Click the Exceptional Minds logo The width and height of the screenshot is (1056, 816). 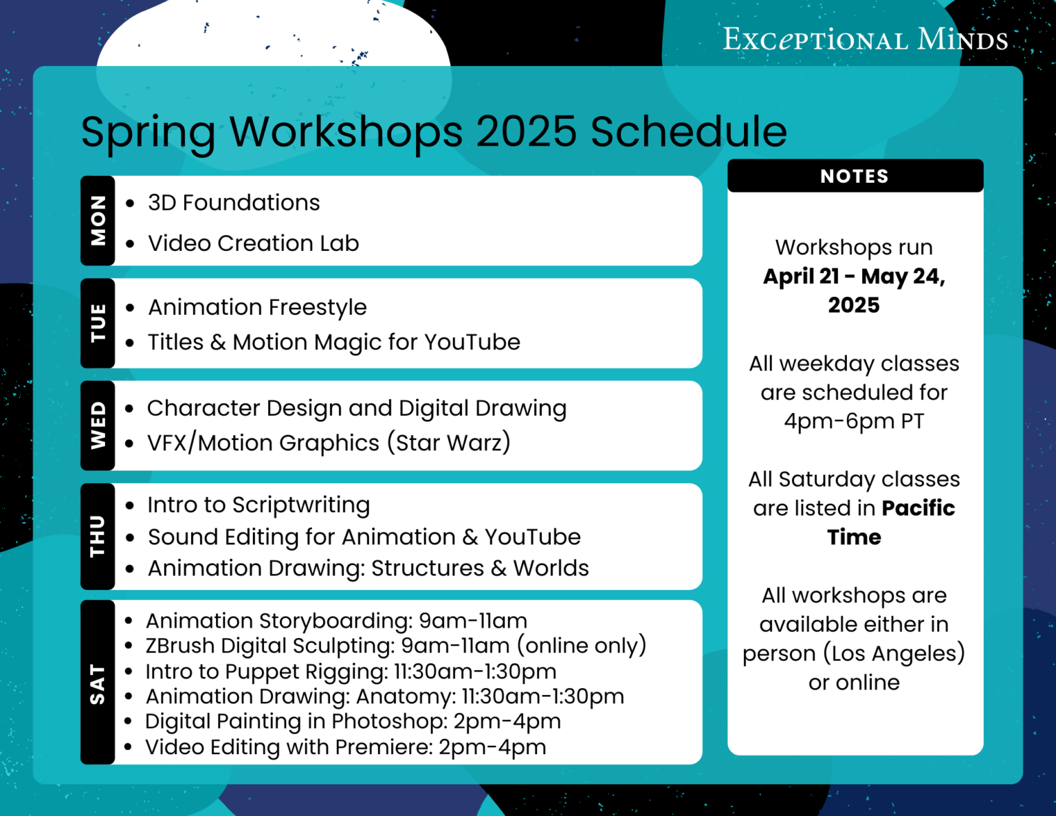coord(865,39)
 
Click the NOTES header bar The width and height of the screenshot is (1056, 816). coord(855,176)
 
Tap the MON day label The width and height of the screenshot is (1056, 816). coord(98,221)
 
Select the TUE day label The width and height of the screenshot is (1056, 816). coord(98,322)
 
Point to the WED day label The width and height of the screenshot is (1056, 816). coord(98,426)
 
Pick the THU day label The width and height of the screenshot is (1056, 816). coord(98,536)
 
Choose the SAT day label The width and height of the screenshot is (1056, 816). coord(98,683)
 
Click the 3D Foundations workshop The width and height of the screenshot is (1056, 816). coord(234,203)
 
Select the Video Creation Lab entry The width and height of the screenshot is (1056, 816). coord(253,243)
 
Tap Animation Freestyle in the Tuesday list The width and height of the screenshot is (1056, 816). coord(257,307)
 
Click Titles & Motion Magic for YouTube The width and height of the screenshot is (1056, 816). coord(334,342)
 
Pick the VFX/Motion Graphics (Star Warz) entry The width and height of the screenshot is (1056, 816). coord(329,443)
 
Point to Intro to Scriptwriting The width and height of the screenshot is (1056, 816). coord(258,505)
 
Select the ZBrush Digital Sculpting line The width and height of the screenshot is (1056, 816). coord(395,646)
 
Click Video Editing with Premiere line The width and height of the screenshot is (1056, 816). coord(345,747)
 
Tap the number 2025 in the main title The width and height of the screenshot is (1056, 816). coord(526,131)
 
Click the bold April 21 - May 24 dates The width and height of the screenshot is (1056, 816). coord(854,276)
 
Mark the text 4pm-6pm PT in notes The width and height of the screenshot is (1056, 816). coord(854,421)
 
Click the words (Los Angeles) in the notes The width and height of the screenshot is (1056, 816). coord(894,653)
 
